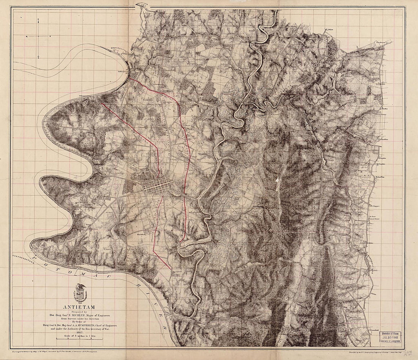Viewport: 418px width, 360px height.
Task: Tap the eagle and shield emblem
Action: coord(79,293)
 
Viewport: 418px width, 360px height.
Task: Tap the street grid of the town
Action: coord(157,186)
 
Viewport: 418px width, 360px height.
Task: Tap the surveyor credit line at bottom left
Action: coord(55,353)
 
